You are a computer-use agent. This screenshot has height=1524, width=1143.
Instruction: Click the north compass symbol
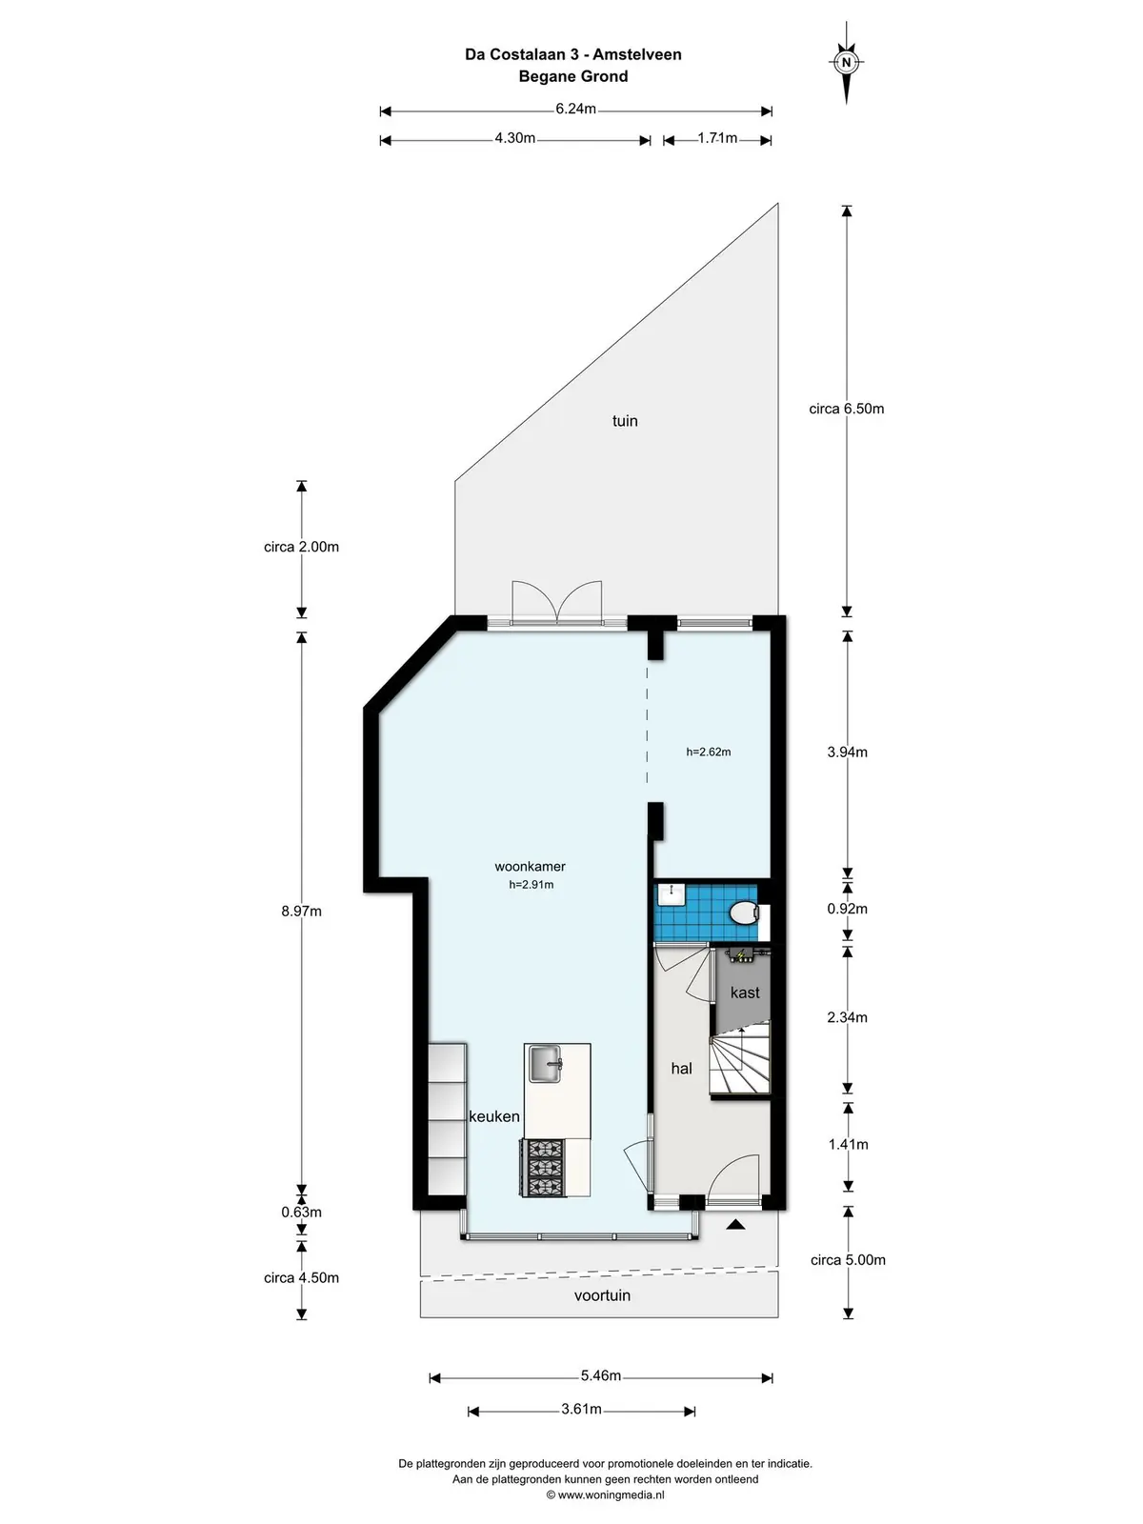(846, 63)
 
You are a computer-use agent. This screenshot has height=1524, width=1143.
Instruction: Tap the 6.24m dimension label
(575, 109)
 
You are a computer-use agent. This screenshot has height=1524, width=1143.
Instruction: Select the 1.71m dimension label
(717, 138)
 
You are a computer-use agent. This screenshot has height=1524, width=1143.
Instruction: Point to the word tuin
(625, 421)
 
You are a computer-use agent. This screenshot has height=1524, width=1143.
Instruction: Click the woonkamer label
(530, 867)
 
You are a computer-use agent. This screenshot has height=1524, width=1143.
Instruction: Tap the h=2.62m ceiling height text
(708, 752)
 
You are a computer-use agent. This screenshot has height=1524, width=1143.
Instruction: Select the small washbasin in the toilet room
(672, 895)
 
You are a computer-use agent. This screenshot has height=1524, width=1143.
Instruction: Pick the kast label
(745, 993)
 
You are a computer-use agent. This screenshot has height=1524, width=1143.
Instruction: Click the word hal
(681, 1069)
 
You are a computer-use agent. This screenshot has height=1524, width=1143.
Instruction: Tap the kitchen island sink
(546, 1064)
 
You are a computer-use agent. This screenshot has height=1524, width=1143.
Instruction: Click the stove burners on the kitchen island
(543, 1167)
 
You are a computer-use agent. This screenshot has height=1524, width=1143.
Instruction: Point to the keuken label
(493, 1116)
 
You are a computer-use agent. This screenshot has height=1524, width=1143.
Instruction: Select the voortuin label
(602, 1294)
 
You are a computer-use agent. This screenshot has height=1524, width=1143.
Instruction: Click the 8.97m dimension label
(301, 911)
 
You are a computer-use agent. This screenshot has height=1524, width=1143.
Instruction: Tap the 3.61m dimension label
(581, 1409)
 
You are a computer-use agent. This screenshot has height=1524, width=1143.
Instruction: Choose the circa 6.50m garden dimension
(846, 409)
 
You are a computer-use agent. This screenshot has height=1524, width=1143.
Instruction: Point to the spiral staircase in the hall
(740, 1060)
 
